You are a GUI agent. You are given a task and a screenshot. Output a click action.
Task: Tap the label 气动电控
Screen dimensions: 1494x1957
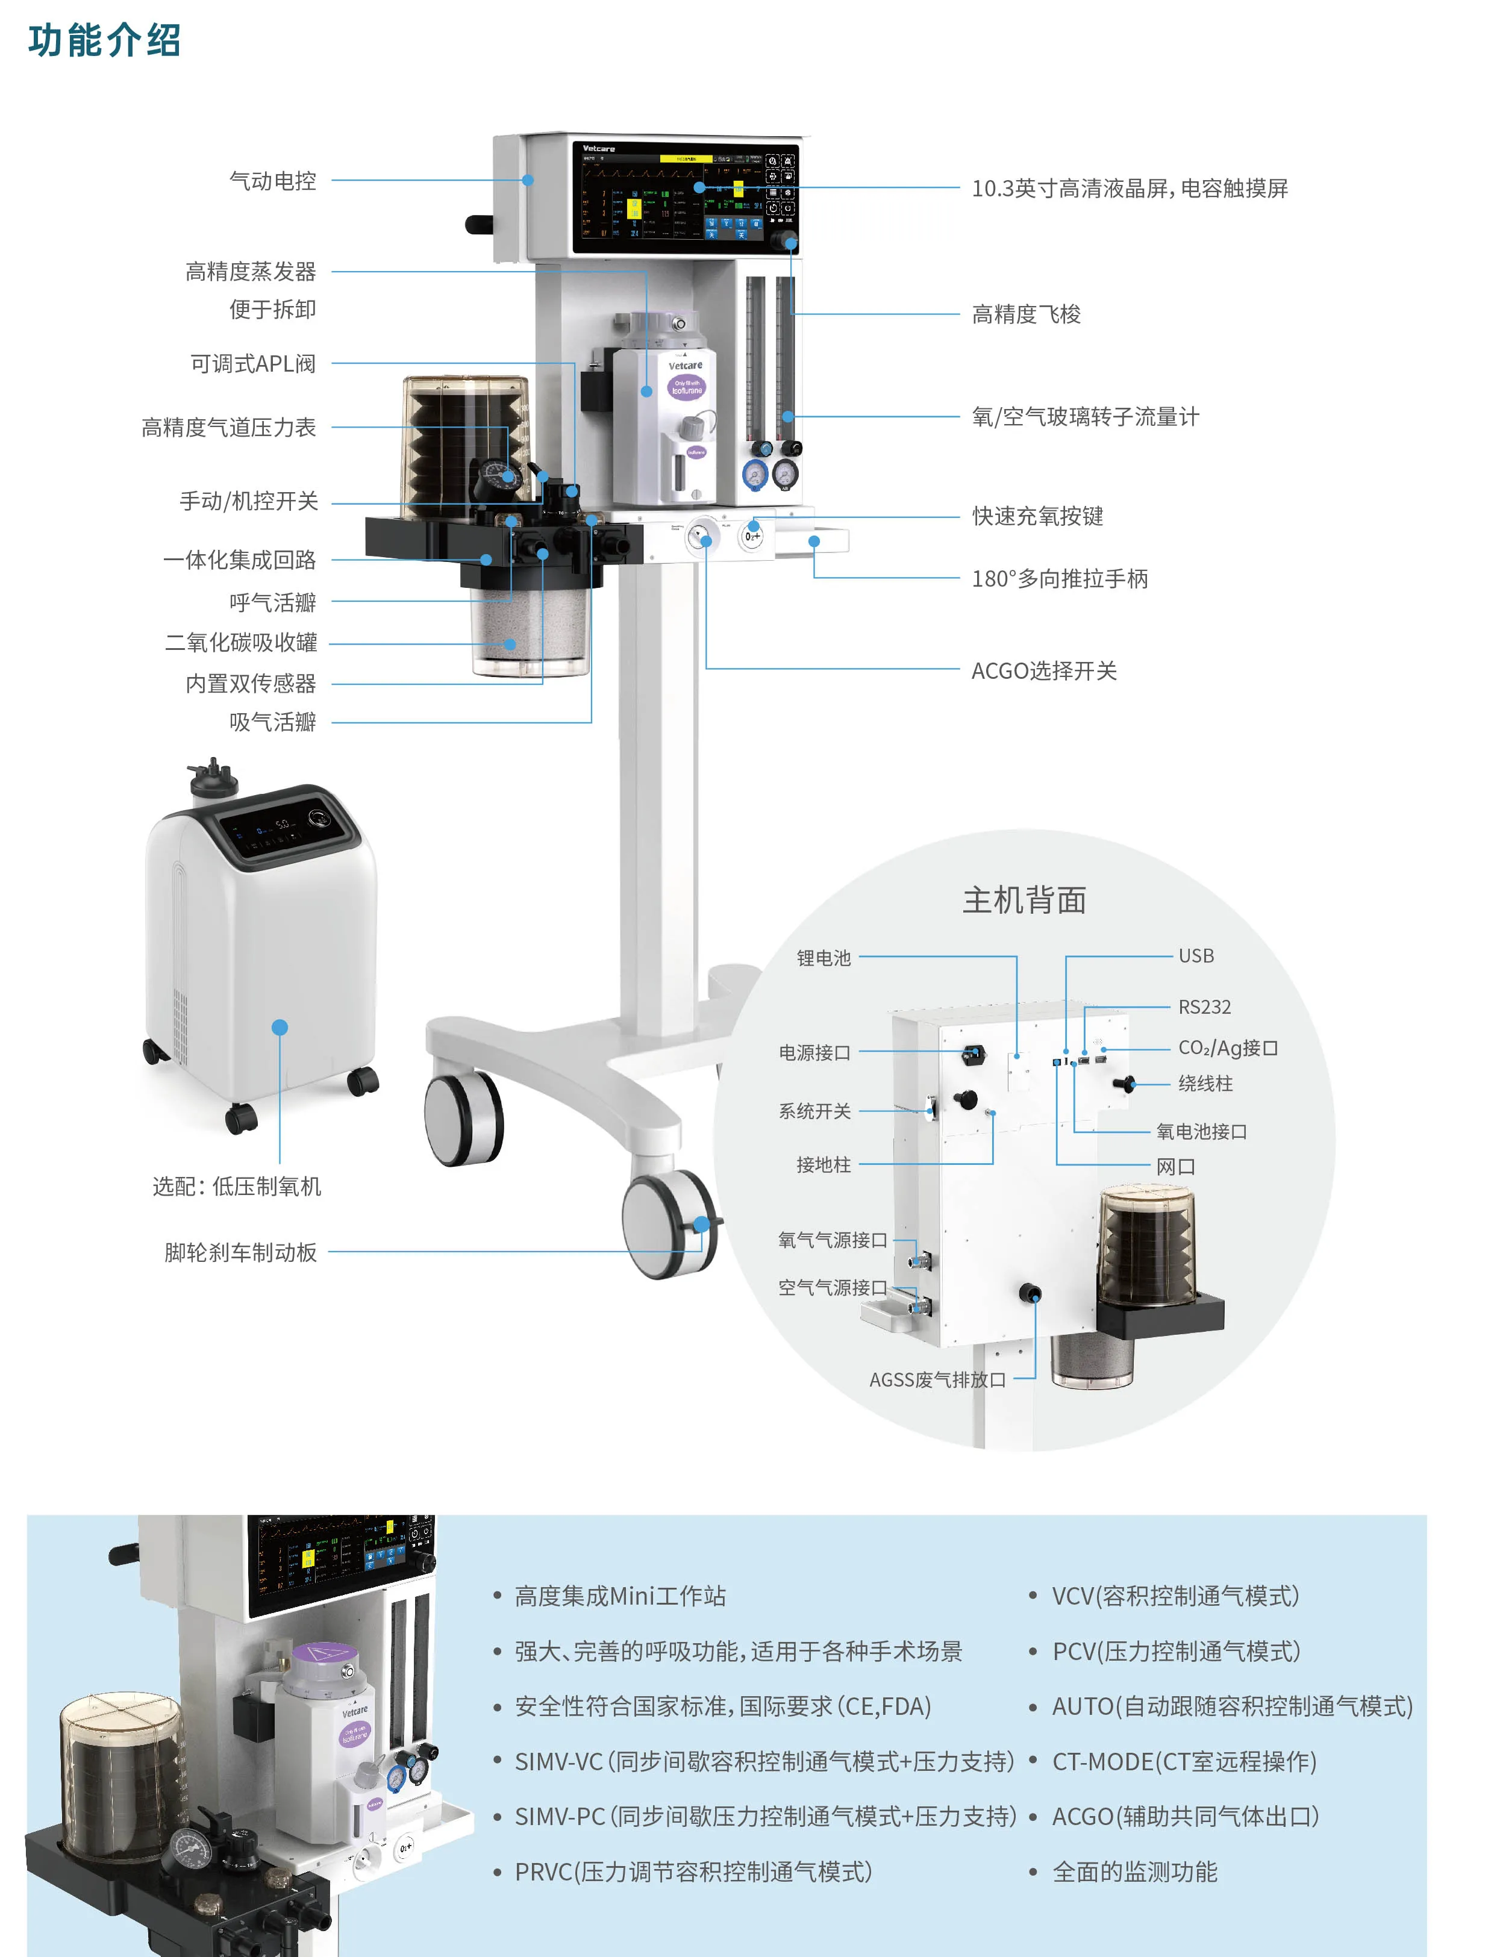(x=272, y=181)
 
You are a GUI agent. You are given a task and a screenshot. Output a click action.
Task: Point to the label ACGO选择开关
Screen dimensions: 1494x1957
(x=1043, y=670)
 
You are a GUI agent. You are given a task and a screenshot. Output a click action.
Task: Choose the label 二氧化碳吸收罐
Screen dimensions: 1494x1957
(x=240, y=643)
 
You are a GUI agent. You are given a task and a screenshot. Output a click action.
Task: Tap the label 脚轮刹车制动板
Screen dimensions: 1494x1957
(x=240, y=1252)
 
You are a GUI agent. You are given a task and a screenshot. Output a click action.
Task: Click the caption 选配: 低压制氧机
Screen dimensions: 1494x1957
(x=237, y=1186)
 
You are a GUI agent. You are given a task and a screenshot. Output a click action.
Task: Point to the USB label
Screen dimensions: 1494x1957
(x=1195, y=956)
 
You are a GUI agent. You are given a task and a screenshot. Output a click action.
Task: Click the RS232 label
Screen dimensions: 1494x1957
(x=1204, y=1007)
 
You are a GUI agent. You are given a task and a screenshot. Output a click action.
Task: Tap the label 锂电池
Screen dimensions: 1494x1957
(x=824, y=958)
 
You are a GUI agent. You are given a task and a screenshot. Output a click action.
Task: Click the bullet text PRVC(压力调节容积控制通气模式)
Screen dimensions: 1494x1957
(x=693, y=1871)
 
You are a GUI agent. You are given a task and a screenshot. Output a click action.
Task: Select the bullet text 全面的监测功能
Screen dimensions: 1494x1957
(x=1135, y=1871)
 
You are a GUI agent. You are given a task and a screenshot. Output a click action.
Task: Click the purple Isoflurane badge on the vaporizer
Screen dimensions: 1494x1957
(x=686, y=387)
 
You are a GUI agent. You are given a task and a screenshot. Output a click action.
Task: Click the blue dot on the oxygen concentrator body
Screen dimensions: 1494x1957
(x=280, y=1027)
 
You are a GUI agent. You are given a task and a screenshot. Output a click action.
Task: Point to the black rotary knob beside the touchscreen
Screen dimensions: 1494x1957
(x=784, y=240)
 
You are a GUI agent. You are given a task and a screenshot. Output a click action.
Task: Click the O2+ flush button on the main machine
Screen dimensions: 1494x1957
(x=752, y=536)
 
